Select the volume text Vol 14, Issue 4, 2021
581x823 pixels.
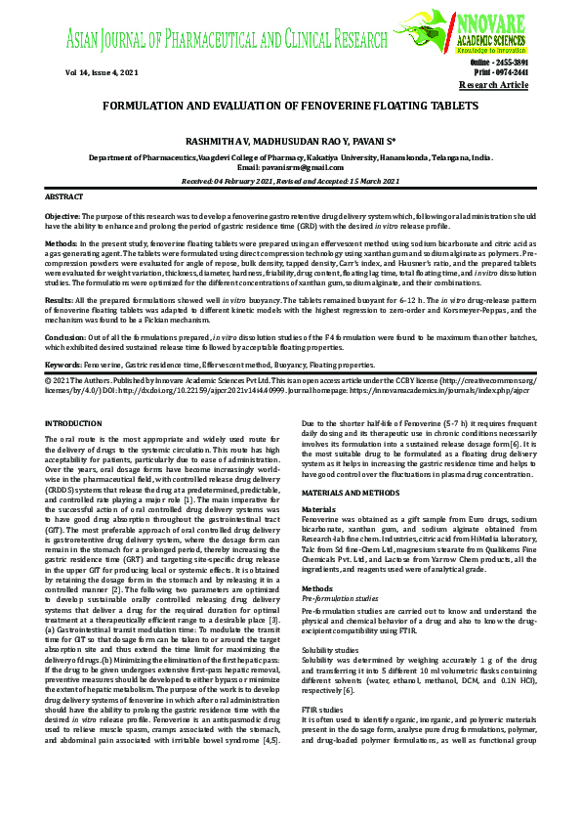tap(103, 73)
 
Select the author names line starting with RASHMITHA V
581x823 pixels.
tap(290, 142)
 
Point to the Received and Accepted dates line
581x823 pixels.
tap(290, 181)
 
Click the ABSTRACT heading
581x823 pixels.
tap(64, 196)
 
